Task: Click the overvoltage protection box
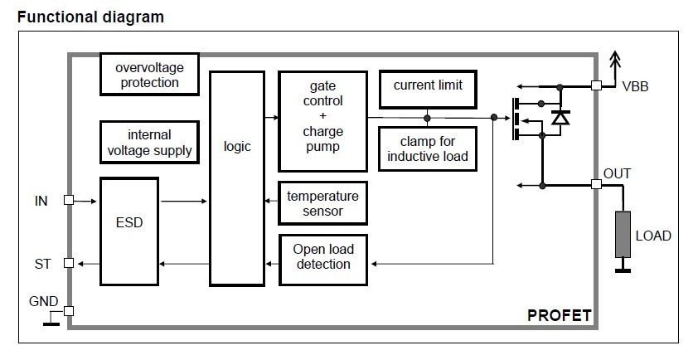pos(150,75)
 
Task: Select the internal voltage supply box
pos(150,142)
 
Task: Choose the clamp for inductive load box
pos(428,148)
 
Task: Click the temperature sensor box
pos(322,203)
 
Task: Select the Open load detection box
pos(322,256)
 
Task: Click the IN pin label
pos(42,200)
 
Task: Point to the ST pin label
pos(42,263)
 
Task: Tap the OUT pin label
pos(618,174)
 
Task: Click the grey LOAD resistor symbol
pos(622,234)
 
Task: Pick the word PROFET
pos(559,315)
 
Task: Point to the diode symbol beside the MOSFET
pos(560,119)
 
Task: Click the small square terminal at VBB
pos(596,85)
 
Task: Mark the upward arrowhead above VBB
pos(614,57)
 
